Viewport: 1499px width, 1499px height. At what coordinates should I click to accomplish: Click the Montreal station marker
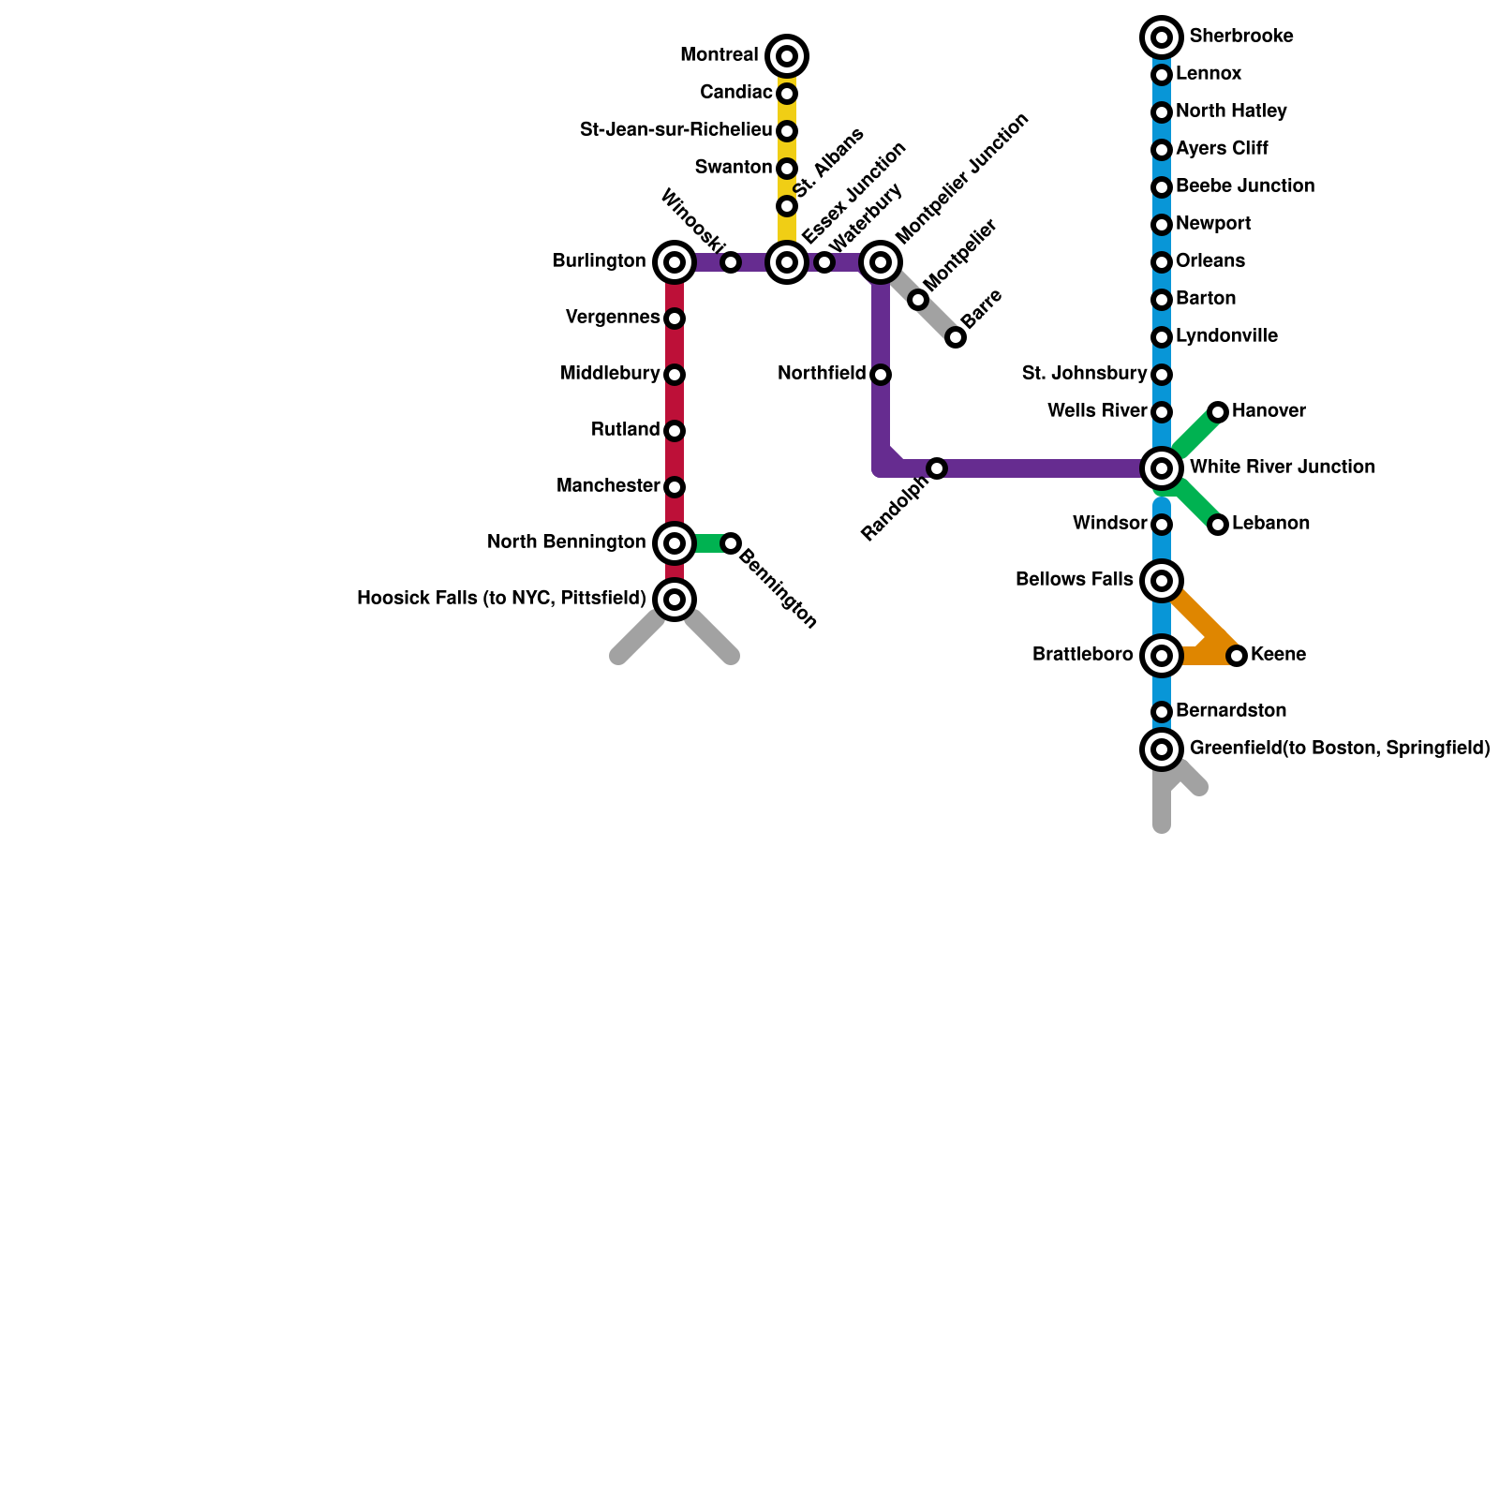[787, 56]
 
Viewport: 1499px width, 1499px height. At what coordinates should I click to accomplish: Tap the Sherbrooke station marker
[1162, 37]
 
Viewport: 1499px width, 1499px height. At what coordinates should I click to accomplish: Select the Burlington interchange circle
[675, 262]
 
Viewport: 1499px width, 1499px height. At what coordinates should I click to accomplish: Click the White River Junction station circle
[1162, 468]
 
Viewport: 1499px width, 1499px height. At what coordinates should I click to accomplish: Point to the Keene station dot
[1237, 656]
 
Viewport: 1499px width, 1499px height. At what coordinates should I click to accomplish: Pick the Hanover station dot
[1218, 412]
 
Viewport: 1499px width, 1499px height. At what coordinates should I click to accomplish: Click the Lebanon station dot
[1218, 525]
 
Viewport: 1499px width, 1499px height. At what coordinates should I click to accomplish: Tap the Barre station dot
[956, 337]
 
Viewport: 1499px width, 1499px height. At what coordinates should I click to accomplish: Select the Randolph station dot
[937, 468]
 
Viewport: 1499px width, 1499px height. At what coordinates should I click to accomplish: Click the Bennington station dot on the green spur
[731, 543]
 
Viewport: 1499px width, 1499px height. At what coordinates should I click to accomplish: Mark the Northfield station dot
[881, 375]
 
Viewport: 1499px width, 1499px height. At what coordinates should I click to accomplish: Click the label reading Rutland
[625, 430]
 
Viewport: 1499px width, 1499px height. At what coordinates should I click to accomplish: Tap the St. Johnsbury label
[1084, 374]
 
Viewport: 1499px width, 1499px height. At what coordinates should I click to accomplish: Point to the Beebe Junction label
[1244, 186]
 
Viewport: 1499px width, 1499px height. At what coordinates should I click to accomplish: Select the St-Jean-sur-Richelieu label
[675, 130]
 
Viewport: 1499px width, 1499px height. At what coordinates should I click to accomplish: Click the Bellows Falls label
[1074, 580]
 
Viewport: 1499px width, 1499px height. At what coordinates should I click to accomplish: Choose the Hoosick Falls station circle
[675, 600]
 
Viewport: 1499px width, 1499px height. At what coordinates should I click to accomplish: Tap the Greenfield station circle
[1162, 749]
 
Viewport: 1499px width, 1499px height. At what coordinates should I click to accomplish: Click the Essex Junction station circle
[787, 262]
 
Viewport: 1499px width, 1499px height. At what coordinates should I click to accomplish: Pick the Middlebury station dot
[675, 375]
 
